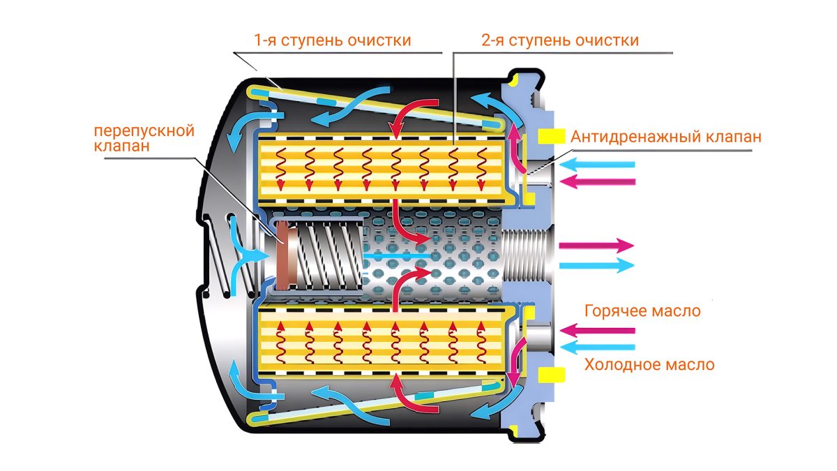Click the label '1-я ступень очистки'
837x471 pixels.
point(332,40)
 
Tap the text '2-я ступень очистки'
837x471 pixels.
point(559,40)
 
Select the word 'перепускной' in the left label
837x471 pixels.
point(144,130)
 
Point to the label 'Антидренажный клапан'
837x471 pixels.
point(665,137)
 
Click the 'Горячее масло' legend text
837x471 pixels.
point(642,311)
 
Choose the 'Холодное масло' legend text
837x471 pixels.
point(649,364)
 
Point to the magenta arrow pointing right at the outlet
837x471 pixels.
point(596,246)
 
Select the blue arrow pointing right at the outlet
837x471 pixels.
point(596,265)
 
